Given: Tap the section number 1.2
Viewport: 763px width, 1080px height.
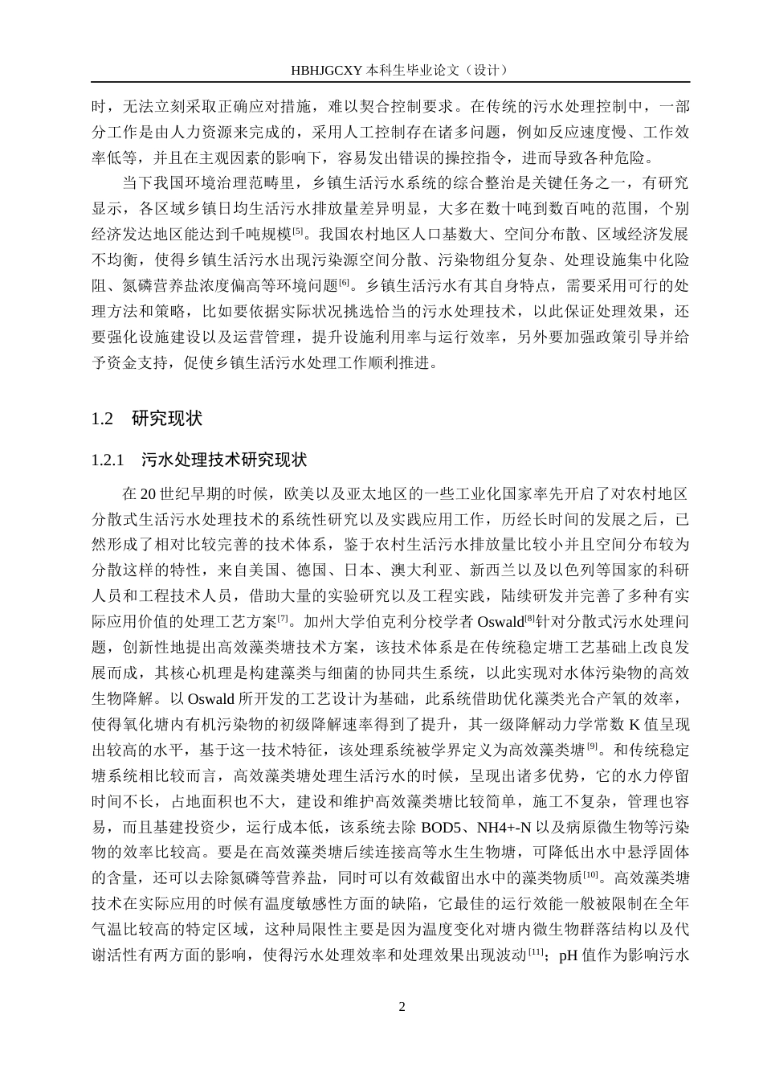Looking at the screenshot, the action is click(102, 419).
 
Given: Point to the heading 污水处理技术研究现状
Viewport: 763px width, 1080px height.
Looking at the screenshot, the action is click(224, 460).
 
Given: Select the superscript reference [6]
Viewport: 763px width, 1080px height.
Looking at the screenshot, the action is click(344, 282).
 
